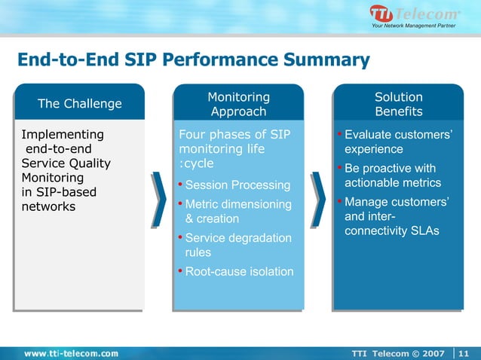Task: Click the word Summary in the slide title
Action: (x=326, y=59)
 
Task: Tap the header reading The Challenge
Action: (x=79, y=103)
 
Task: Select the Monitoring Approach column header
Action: (x=238, y=104)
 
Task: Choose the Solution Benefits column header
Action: (x=398, y=104)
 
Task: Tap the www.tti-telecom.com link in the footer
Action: (x=71, y=352)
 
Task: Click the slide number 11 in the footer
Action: (x=464, y=352)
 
